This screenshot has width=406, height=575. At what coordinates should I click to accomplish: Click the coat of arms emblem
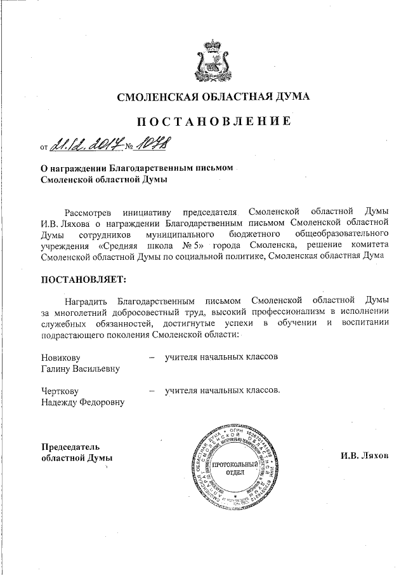(x=213, y=58)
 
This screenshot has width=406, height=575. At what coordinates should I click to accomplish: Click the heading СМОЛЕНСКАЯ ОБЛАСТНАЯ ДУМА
(x=213, y=97)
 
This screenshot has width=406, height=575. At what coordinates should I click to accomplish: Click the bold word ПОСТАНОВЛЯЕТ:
(x=79, y=280)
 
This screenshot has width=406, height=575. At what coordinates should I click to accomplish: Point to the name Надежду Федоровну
(x=82, y=402)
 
